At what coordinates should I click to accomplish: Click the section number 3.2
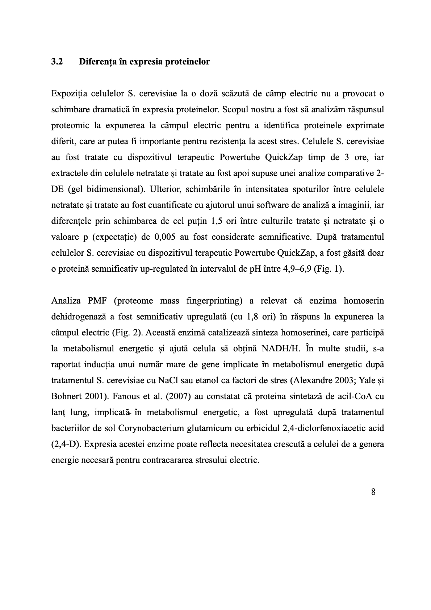57,62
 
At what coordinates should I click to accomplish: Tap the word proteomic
69,126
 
